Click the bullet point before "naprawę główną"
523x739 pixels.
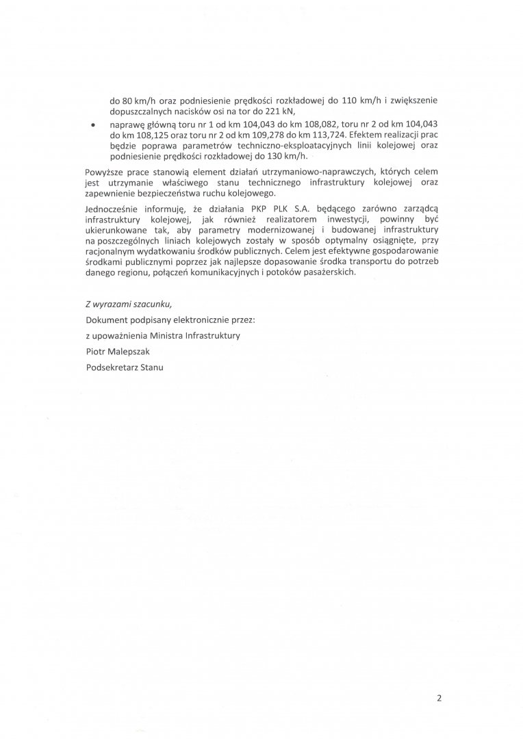point(93,125)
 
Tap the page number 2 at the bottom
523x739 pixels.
point(439,699)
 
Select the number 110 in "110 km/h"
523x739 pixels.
point(350,100)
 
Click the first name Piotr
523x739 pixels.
point(97,350)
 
